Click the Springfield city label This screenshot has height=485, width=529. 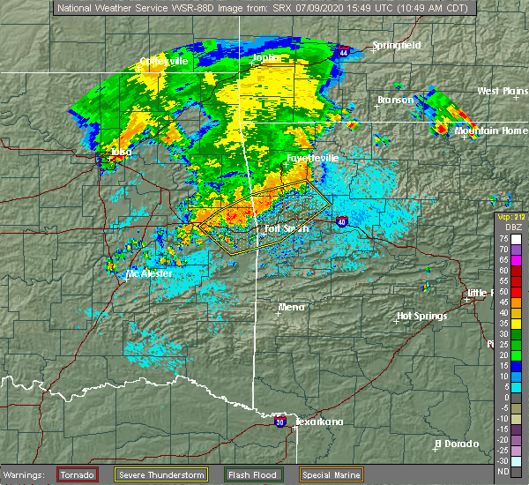point(396,45)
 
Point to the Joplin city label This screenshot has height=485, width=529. point(265,58)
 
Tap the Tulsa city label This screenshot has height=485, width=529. point(120,152)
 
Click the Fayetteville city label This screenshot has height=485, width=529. point(312,158)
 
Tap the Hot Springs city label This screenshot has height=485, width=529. point(422,316)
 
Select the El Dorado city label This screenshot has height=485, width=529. point(458,444)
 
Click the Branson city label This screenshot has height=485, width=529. point(395,101)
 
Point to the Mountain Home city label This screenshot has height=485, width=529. point(491,131)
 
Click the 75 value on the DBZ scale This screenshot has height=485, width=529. point(501,239)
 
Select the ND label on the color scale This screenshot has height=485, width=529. point(501,472)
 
